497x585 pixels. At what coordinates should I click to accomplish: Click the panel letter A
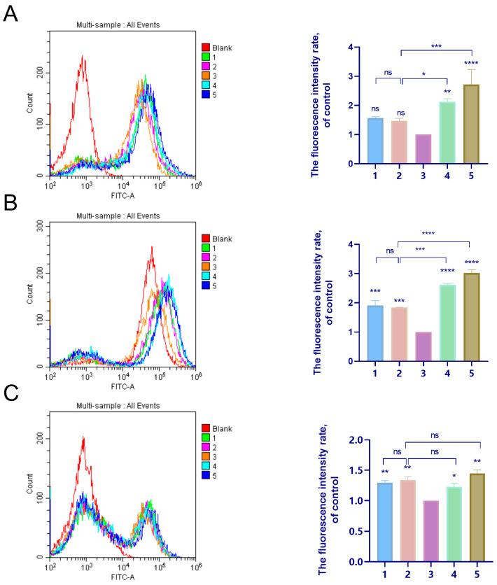(10, 14)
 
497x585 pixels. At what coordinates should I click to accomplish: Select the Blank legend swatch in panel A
(206, 48)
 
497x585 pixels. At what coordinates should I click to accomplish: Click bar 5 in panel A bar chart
(472, 125)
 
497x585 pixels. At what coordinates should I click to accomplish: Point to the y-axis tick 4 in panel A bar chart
(357, 48)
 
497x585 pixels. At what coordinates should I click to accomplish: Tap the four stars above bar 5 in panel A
(472, 63)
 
